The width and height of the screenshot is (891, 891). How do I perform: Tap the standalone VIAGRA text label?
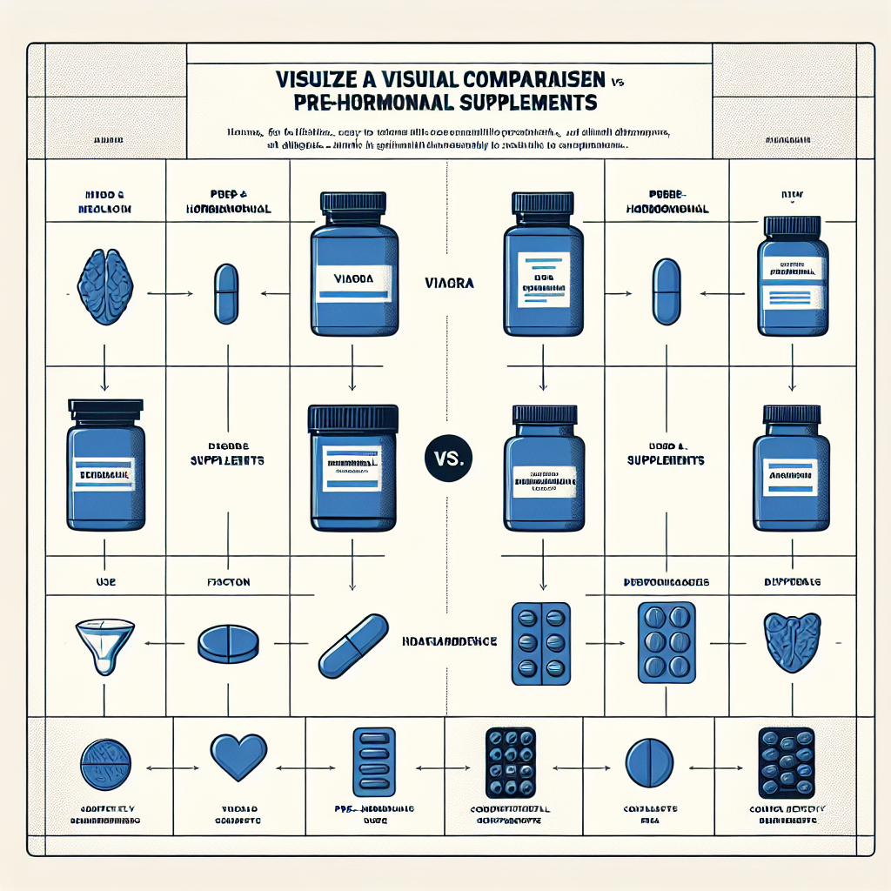click(x=451, y=283)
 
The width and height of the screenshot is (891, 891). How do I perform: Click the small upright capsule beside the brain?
click(x=225, y=292)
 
